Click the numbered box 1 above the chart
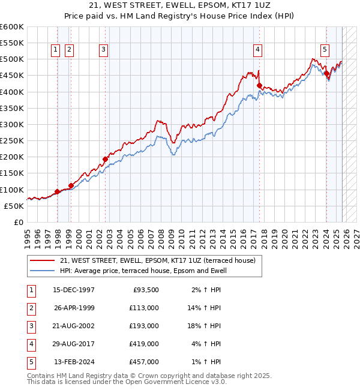(x=56, y=50)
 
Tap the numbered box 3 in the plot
(x=103, y=50)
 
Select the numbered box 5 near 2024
(x=325, y=50)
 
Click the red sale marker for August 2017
(x=259, y=86)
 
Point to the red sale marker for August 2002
(x=105, y=159)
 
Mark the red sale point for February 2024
(x=327, y=74)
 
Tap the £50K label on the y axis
(x=14, y=206)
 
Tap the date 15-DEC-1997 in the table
(x=74, y=290)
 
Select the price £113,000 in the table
(x=145, y=308)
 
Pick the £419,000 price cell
(x=145, y=344)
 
